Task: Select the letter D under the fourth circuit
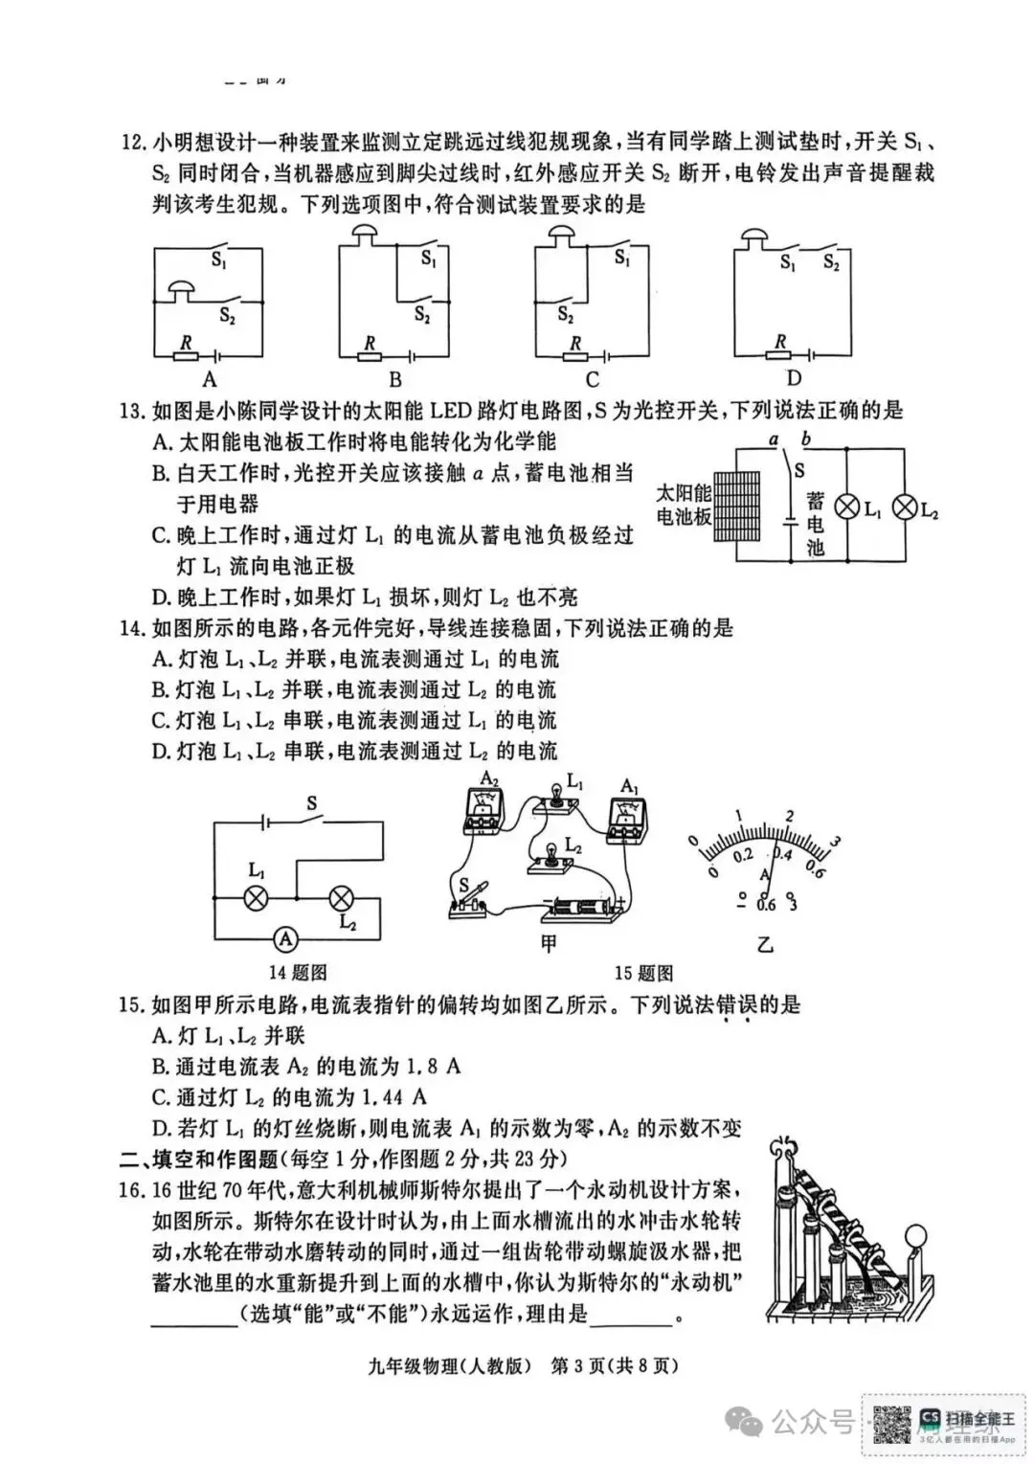point(794,378)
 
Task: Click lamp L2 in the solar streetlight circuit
point(905,508)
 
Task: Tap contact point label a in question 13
point(773,439)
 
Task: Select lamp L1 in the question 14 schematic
point(256,898)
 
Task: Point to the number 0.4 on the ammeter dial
point(782,855)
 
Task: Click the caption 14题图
point(298,973)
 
